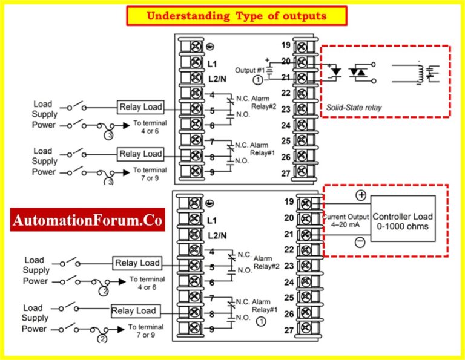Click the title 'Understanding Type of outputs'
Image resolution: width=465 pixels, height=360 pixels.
236,16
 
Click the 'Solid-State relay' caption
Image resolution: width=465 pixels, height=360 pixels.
354,107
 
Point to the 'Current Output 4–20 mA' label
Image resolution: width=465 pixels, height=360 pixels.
346,221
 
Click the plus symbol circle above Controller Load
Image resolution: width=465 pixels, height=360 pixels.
361,195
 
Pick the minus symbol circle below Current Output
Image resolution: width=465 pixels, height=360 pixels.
359,242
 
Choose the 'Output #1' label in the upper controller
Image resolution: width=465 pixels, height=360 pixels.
250,70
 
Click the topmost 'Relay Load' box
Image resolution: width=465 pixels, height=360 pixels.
140,107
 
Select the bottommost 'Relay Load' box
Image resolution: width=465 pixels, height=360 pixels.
133,311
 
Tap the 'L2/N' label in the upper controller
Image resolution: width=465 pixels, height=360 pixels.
218,79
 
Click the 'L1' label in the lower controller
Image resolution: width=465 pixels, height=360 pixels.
212,220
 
